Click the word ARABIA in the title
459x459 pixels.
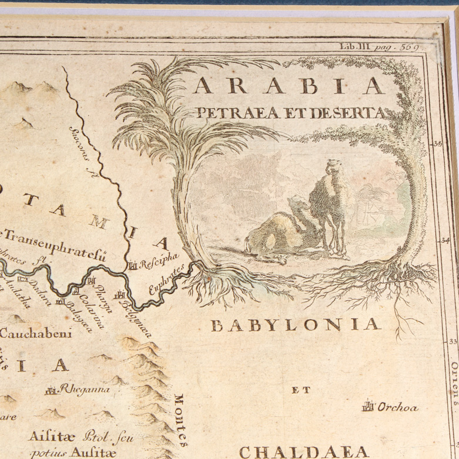(x=290, y=86)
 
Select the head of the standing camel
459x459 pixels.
(x=333, y=166)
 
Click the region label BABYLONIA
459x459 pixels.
(x=293, y=324)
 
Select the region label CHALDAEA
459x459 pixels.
(x=304, y=451)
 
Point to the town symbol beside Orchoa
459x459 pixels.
(x=369, y=406)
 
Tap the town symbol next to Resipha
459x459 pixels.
(x=132, y=265)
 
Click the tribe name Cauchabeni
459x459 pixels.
(x=35, y=334)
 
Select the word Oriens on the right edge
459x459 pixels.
(x=454, y=383)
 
